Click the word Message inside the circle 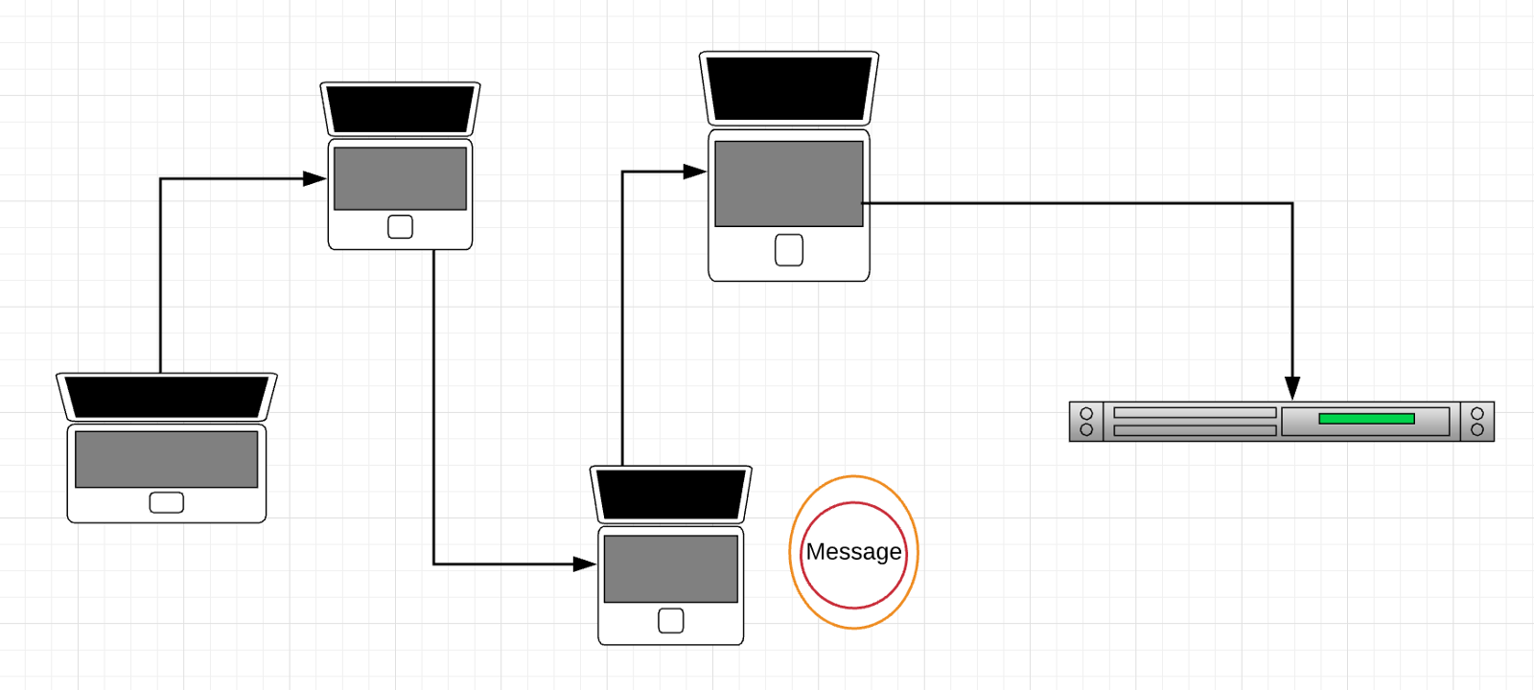[853, 552]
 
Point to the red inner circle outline [853, 503]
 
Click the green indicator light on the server [1366, 419]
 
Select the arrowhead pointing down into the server [1292, 388]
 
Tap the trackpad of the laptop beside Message [671, 621]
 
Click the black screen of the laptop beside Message [670, 494]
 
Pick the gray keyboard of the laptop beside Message [670, 568]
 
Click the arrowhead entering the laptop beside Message [585, 564]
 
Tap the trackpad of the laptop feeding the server [789, 250]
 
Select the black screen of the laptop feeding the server [789, 88]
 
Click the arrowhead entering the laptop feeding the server [695, 172]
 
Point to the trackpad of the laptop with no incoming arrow [167, 503]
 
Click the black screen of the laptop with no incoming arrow [167, 397]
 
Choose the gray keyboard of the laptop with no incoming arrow [167, 459]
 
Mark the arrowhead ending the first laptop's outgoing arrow [314, 178]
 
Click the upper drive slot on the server [1195, 413]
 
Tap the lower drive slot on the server [1195, 430]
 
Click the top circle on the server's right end [1477, 414]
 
